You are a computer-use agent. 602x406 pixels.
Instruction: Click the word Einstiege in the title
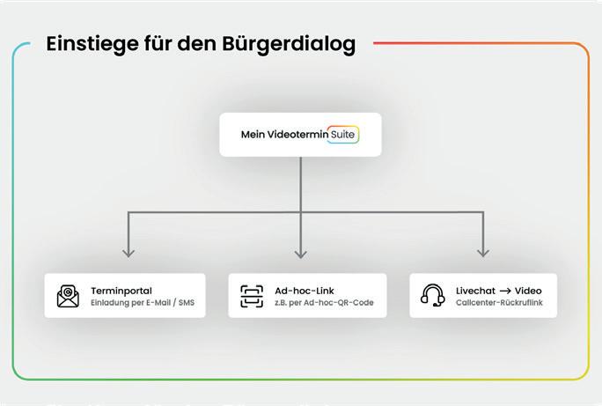[90, 43]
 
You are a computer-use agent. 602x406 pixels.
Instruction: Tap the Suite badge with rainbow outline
[342, 135]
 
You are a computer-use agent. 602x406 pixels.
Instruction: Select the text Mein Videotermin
[283, 135]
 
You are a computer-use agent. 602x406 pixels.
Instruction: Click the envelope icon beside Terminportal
[68, 296]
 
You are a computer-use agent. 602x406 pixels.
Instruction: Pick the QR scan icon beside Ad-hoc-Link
[252, 296]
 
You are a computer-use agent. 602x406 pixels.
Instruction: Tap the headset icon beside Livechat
[432, 296]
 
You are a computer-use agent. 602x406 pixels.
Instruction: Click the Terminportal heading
[121, 291]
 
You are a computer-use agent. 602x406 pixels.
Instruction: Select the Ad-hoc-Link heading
[305, 291]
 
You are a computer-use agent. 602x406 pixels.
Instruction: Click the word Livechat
[475, 291]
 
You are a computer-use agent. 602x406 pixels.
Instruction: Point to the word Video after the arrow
[528, 291]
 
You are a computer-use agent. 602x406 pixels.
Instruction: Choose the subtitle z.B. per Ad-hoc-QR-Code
[324, 303]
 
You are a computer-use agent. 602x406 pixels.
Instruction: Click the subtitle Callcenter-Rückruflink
[499, 303]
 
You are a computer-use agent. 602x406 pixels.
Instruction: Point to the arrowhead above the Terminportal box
[129, 253]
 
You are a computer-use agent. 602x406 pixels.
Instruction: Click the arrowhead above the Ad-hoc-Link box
[301, 253]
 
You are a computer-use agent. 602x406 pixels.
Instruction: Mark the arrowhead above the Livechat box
[482, 253]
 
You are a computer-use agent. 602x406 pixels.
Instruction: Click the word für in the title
[159, 43]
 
